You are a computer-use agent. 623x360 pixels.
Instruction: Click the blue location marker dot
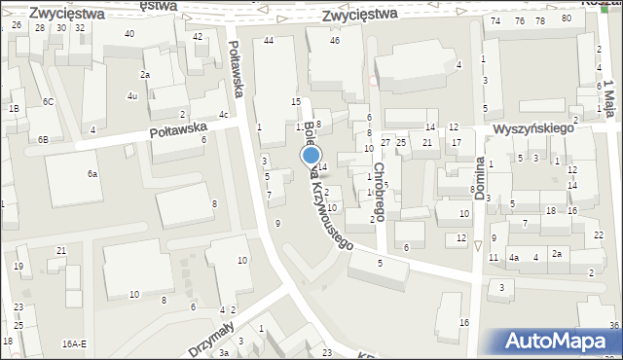point(311,154)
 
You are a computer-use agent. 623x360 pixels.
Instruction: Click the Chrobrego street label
point(379,191)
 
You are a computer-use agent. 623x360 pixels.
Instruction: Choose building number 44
point(268,40)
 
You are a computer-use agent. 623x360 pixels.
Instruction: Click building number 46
point(335,40)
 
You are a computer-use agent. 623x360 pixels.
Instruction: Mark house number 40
point(129,34)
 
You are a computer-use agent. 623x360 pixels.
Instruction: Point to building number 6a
point(92,173)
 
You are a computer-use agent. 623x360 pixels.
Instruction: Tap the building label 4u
point(132,95)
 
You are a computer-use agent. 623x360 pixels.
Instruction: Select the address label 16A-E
point(74,343)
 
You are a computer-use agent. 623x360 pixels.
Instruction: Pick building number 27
point(385,143)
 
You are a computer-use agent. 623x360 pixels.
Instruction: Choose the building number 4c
point(224,115)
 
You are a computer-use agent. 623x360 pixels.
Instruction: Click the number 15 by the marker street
point(296,101)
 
